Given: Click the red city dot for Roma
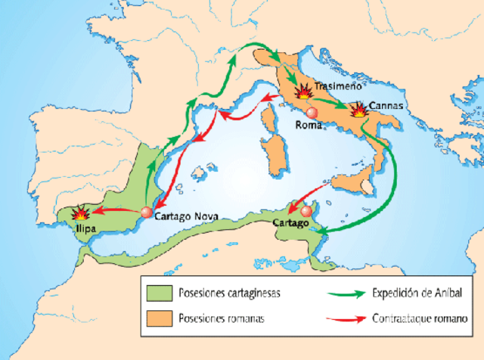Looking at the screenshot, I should [312, 113].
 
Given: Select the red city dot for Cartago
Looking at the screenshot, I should [306, 212].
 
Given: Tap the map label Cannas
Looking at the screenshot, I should [386, 105].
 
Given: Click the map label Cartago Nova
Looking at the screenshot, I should [186, 216].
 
